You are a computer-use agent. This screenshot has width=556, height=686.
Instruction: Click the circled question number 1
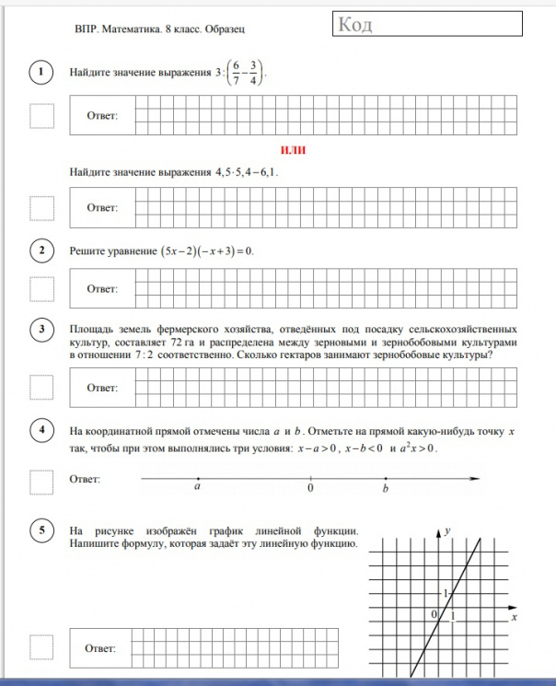click(x=41, y=73)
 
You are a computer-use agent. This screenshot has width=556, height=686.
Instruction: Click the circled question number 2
click(x=41, y=250)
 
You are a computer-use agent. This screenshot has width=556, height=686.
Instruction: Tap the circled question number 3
click(x=41, y=329)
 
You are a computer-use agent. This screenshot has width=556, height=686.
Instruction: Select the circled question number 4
click(x=41, y=431)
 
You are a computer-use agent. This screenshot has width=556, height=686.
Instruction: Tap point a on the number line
click(x=197, y=479)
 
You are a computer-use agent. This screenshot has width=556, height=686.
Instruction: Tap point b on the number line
click(x=385, y=479)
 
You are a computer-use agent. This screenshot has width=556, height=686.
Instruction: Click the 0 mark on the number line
click(x=310, y=479)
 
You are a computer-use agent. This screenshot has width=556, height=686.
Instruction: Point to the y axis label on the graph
click(x=446, y=531)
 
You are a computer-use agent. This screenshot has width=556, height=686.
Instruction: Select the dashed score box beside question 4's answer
click(x=41, y=482)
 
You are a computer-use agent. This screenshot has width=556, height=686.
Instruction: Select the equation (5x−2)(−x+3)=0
click(x=206, y=250)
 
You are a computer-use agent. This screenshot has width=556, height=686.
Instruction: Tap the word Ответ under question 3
click(x=103, y=388)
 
